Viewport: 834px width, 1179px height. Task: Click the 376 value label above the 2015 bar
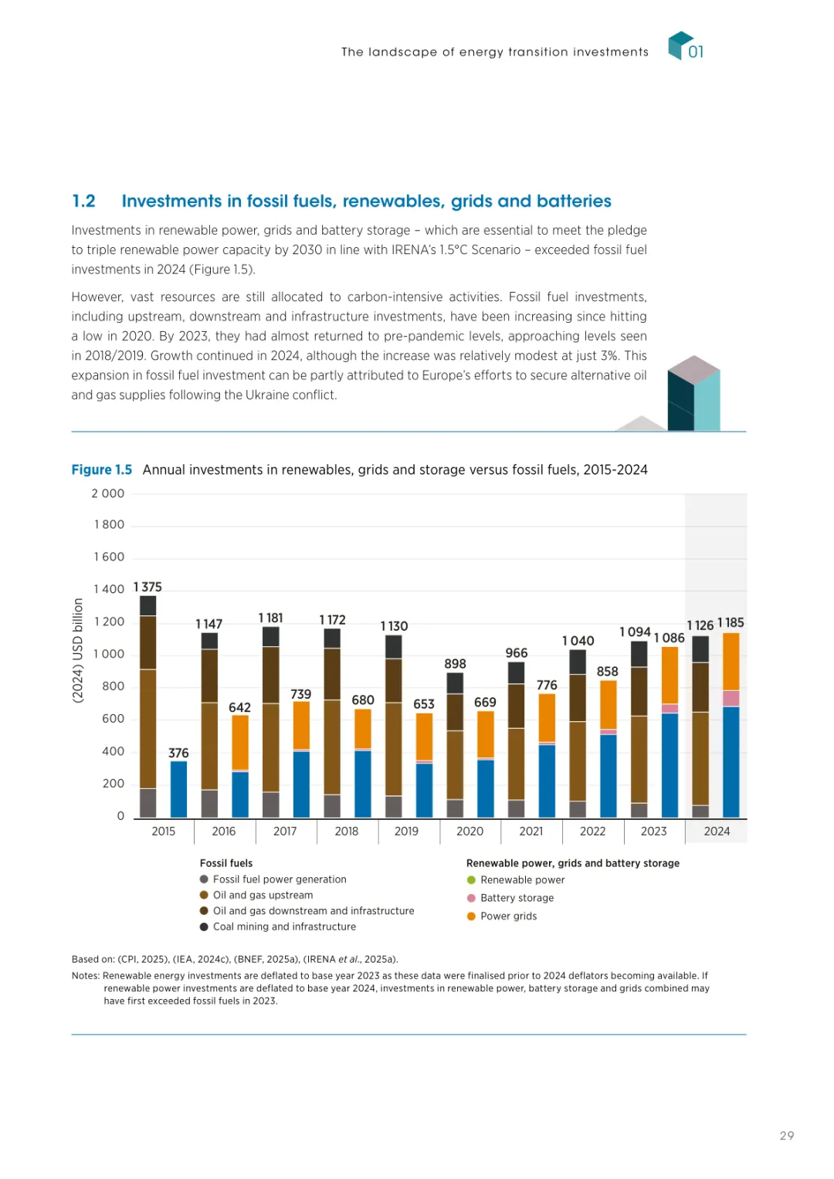[178, 753]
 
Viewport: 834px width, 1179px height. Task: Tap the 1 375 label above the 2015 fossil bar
[147, 588]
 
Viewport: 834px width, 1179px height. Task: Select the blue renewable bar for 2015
[178, 789]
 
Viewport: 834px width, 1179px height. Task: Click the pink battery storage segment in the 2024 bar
[731, 698]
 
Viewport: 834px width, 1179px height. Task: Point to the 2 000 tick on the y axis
[107, 494]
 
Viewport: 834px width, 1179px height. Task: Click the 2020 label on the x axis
[470, 832]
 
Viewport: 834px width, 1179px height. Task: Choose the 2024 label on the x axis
[717, 832]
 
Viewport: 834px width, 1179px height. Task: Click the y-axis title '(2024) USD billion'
[78, 651]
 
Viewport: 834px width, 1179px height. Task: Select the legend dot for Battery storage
[471, 898]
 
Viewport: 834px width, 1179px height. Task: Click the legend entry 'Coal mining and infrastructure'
[284, 927]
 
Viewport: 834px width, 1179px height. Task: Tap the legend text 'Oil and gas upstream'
[263, 896]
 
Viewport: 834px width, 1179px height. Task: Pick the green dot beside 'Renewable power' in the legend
[471, 880]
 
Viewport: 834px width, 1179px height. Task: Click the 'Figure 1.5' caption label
[101, 470]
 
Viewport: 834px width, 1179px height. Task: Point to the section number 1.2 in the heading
[83, 202]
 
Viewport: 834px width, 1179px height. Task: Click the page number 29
[787, 1136]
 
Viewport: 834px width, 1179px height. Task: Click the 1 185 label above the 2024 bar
[731, 622]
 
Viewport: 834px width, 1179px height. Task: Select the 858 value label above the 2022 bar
[608, 672]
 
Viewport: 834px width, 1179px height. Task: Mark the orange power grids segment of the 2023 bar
[670, 675]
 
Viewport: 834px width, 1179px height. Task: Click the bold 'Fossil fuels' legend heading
[226, 863]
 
